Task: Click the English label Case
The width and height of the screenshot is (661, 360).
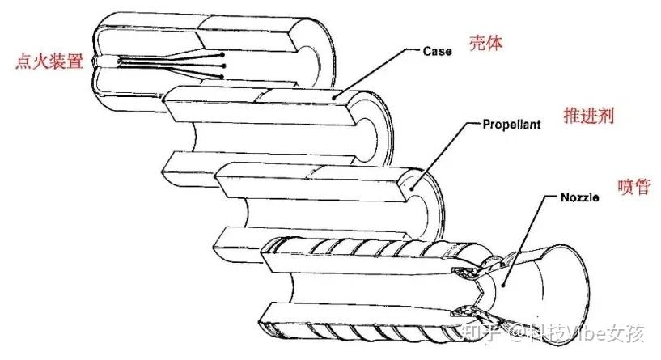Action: (x=438, y=50)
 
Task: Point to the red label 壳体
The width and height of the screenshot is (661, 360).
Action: (x=485, y=43)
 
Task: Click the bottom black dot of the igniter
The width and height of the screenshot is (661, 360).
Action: (x=222, y=77)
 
